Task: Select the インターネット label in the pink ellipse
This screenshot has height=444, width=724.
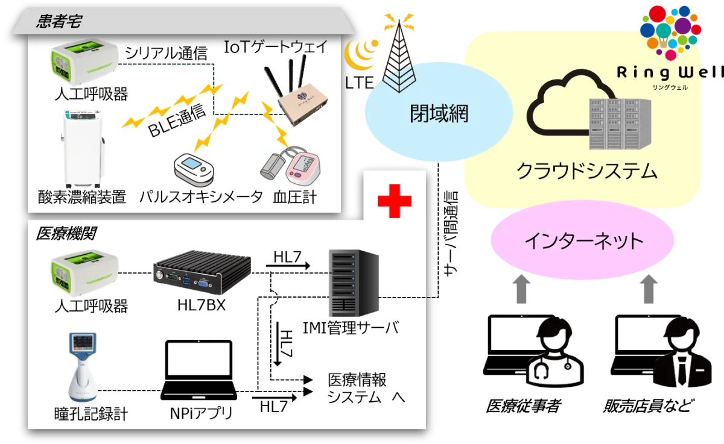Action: coord(583,242)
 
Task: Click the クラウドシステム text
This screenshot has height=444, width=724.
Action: coord(586,172)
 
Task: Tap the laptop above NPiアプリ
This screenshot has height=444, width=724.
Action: coord(198,371)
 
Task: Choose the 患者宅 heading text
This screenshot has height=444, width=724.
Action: coord(59,22)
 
